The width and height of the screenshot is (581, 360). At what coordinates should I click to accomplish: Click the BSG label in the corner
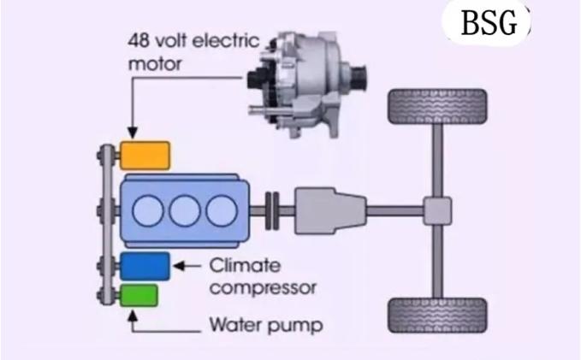tap(489, 24)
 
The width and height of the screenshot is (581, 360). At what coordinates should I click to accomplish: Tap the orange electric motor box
tap(145, 156)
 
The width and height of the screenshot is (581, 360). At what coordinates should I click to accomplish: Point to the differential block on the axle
tap(436, 209)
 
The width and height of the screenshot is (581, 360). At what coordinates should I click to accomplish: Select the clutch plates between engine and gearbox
tap(274, 209)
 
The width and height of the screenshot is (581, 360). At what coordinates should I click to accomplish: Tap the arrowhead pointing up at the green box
tap(131, 314)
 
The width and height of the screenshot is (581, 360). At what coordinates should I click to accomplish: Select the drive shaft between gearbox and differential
tap(396, 209)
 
